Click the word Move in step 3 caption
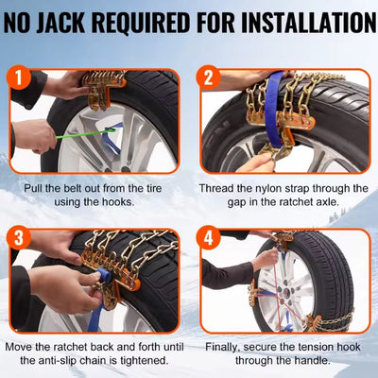(21, 347)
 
